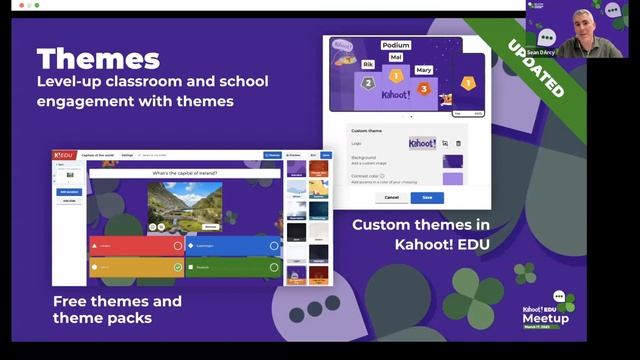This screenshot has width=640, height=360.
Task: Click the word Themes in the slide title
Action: pos(98,58)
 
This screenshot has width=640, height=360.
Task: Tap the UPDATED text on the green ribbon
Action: pos(534,67)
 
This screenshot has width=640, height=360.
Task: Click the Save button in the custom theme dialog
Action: pos(427,197)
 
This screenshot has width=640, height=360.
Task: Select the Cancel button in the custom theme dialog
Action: pos(392,197)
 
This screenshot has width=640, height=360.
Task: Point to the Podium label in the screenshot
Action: pos(398,46)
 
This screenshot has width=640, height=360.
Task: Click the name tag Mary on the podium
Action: pos(423,70)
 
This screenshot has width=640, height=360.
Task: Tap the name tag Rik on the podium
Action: pos(367,65)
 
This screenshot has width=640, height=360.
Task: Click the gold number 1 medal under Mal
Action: pos(396,75)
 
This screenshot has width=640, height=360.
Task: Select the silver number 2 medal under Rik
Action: pos(367,84)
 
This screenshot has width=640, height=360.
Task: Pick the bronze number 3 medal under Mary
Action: pos(423,88)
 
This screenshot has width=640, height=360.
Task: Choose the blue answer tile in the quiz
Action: pos(232,245)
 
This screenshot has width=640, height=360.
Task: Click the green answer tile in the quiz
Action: pos(232,267)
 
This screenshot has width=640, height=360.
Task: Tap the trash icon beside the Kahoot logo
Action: pos(459,144)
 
